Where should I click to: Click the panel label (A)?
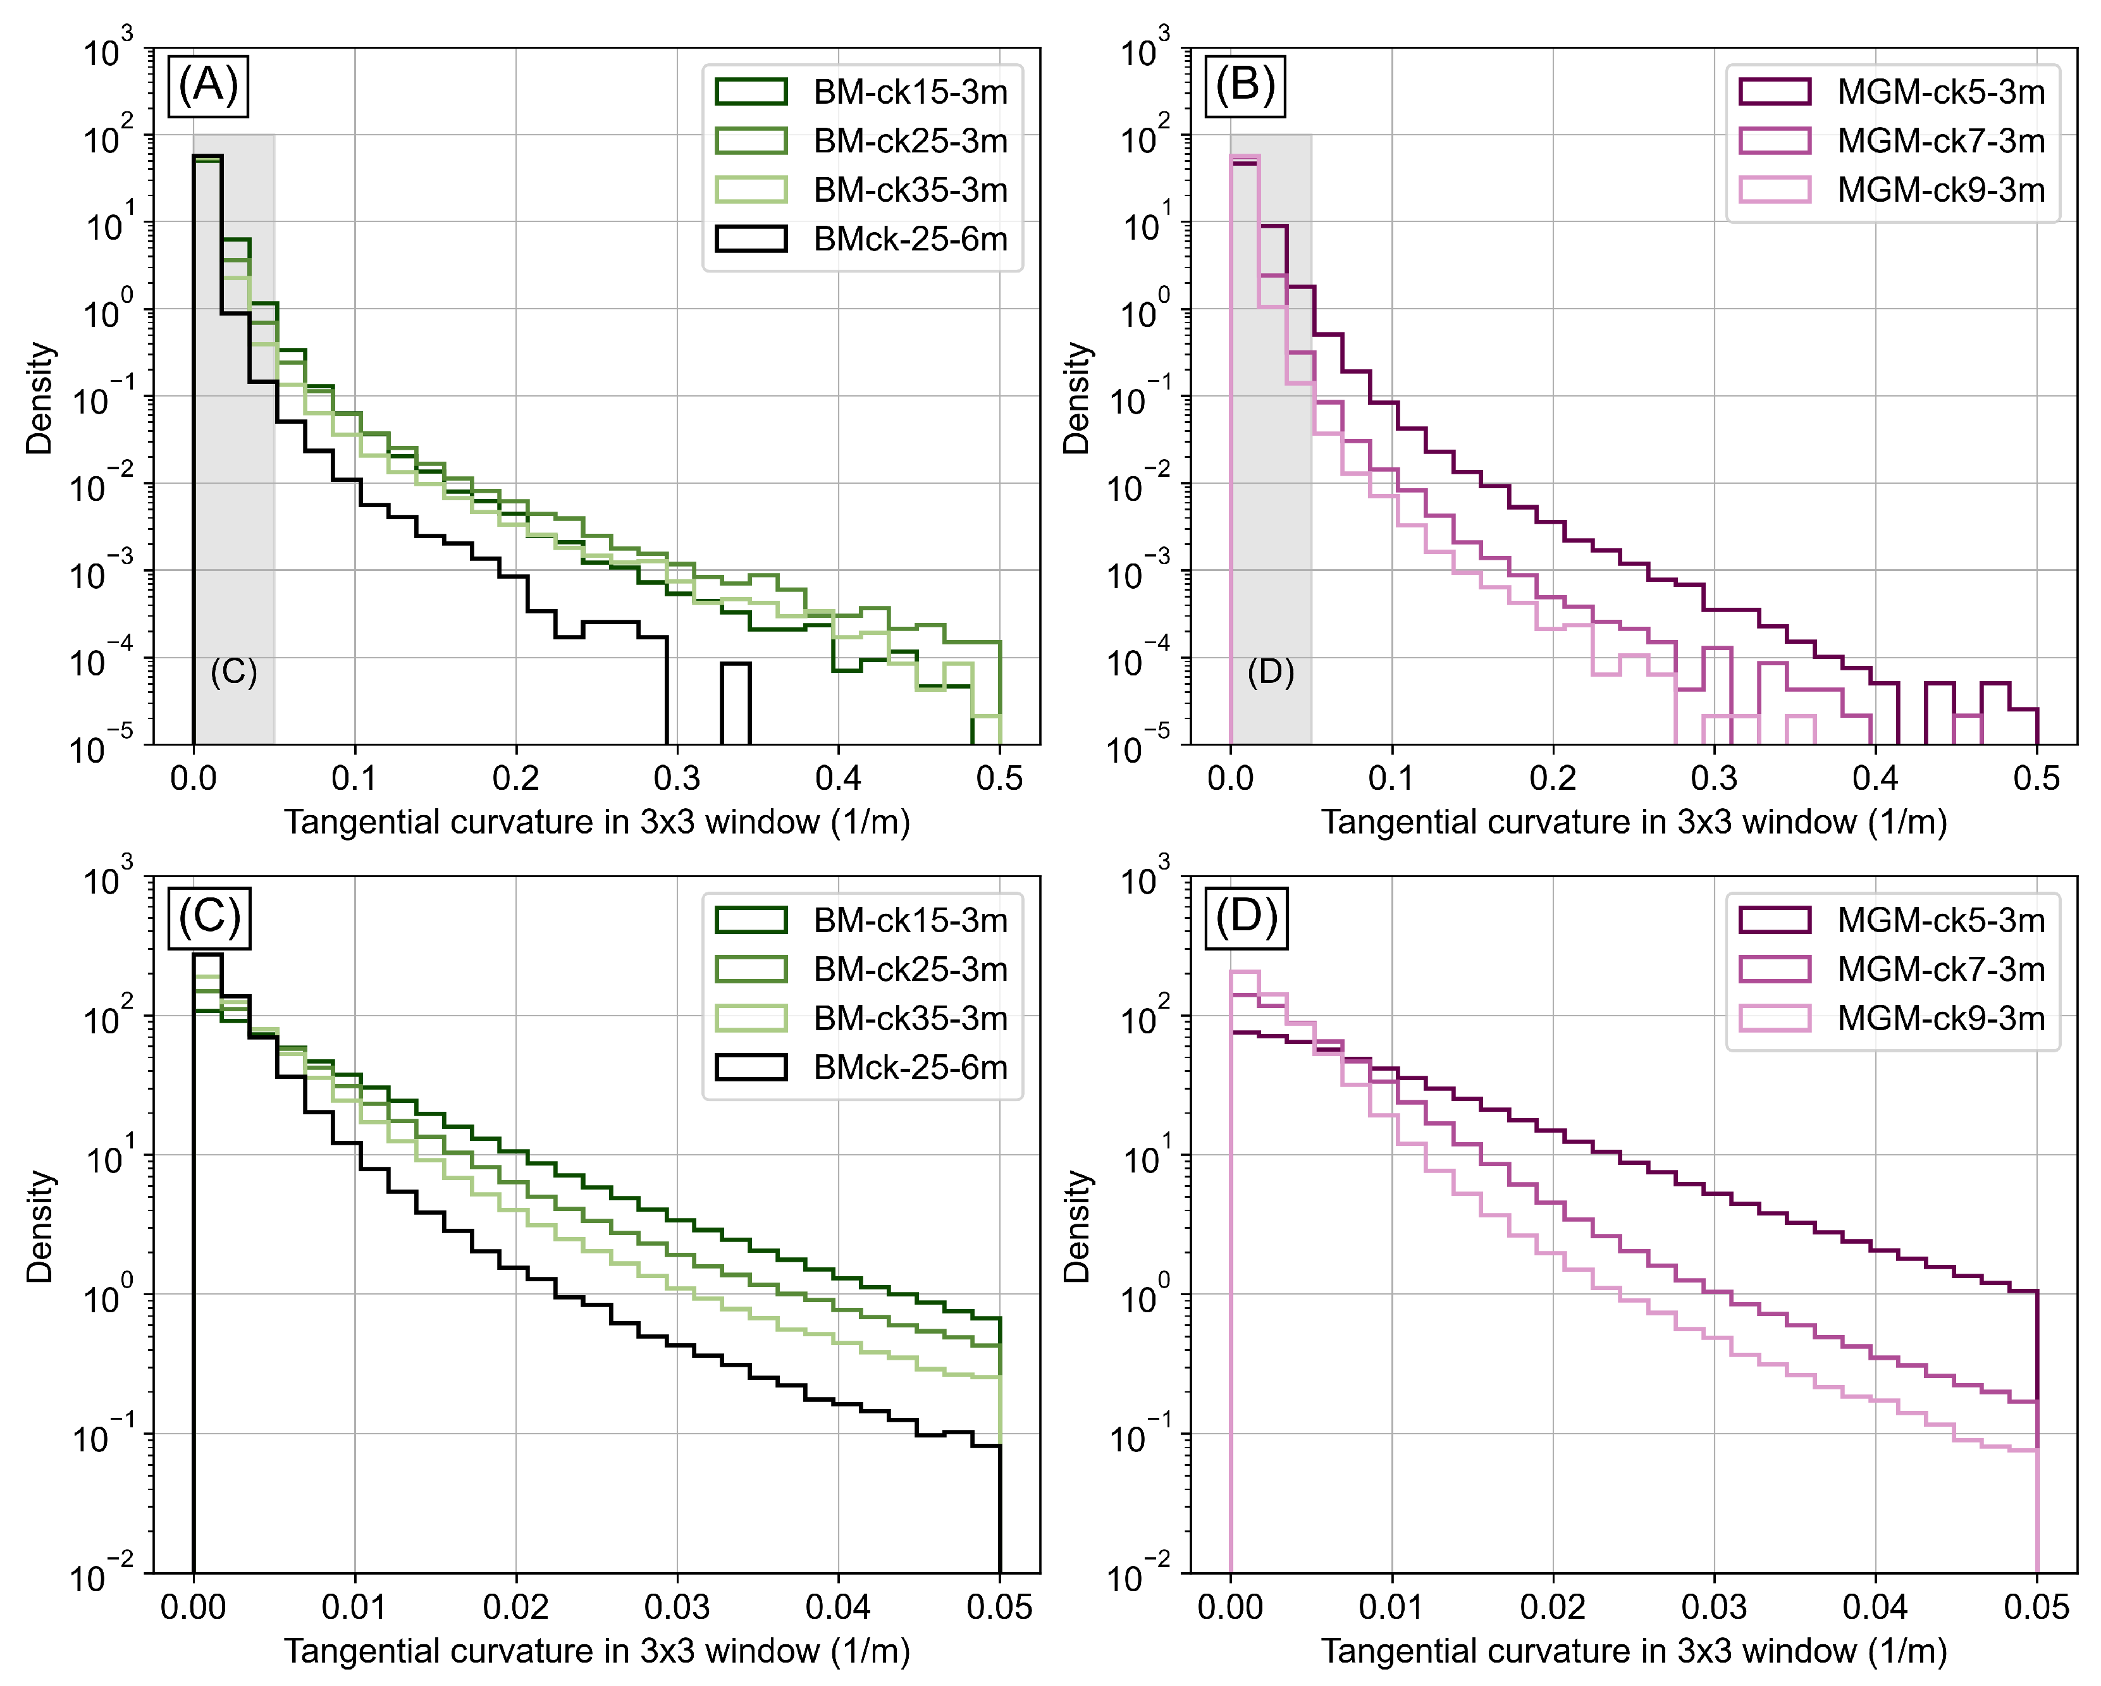click(x=209, y=86)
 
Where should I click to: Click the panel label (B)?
click(x=1245, y=86)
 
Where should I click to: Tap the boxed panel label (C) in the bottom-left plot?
click(x=209, y=916)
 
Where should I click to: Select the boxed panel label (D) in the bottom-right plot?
click(x=1245, y=916)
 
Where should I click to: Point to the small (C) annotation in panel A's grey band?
click(x=234, y=672)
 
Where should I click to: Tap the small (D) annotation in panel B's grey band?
click(x=1271, y=672)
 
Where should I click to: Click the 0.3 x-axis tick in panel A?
click(x=677, y=778)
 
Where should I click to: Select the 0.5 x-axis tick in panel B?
click(x=2036, y=778)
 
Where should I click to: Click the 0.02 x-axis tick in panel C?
click(x=515, y=1606)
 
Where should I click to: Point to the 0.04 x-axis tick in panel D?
click(x=1875, y=1606)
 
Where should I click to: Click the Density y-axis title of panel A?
click(x=39, y=398)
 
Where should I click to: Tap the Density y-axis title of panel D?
click(x=1076, y=1226)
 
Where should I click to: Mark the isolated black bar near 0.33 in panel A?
click(x=736, y=704)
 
